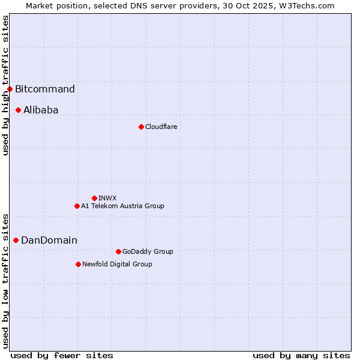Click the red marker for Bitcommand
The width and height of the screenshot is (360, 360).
10,89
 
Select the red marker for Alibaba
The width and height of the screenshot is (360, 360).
19,110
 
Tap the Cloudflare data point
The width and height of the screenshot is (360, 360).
141,127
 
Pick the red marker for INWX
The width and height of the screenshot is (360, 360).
94,198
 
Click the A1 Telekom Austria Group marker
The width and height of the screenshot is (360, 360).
77,206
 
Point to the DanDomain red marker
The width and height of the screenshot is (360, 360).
16,240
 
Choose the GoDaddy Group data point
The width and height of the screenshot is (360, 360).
118,251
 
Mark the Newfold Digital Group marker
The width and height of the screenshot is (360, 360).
78,264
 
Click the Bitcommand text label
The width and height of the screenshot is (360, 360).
45,89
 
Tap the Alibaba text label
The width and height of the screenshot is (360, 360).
41,110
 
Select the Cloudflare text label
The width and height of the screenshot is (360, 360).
161,127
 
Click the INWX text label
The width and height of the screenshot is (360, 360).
107,198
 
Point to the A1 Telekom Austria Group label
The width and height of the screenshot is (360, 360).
122,206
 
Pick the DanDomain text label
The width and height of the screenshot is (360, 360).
49,240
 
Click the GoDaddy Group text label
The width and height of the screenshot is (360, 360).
148,251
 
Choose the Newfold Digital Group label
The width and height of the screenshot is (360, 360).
117,264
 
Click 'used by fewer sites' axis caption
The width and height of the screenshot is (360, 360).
62,355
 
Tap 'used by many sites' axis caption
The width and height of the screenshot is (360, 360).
301,355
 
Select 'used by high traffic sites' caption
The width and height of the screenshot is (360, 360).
5,85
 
